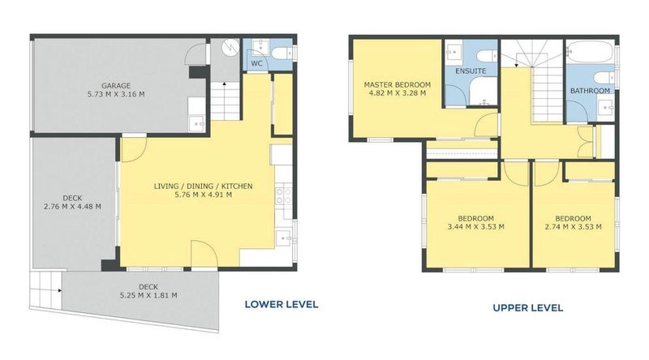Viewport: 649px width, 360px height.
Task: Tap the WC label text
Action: tap(256, 62)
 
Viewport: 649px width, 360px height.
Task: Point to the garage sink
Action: tap(196, 123)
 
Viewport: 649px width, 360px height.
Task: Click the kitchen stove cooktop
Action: tap(282, 195)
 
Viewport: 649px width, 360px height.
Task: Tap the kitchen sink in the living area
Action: tap(282, 238)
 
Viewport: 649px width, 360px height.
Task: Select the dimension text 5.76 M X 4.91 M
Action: tap(204, 195)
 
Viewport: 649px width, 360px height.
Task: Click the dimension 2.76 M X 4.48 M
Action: tap(71, 206)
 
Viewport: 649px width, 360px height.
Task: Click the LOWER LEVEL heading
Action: tap(281, 305)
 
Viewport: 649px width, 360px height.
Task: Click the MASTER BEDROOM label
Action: tap(397, 84)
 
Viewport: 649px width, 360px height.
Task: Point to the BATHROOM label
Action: tap(589, 91)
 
